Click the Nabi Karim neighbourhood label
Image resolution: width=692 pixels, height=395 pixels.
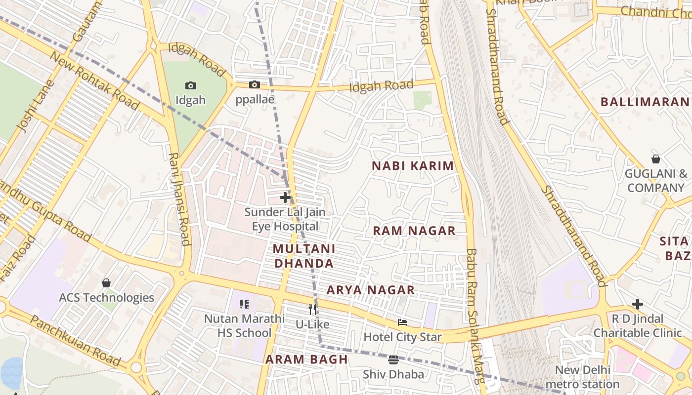(x=413, y=166)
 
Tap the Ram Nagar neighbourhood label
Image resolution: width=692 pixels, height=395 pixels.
(x=414, y=231)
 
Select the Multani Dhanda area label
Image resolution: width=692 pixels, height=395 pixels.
(x=304, y=256)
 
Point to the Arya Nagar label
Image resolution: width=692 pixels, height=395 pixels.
(x=370, y=290)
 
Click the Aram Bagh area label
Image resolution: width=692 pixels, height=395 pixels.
(x=306, y=359)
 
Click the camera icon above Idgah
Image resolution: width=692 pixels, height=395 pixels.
(x=190, y=86)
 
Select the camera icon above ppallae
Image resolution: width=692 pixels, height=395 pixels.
(x=255, y=85)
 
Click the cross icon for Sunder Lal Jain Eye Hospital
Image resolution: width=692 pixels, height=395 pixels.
(x=285, y=197)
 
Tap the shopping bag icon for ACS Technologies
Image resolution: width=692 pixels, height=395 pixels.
(x=106, y=283)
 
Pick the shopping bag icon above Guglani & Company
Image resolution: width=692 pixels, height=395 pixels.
(x=655, y=159)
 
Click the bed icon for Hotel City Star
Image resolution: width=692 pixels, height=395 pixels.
(x=402, y=322)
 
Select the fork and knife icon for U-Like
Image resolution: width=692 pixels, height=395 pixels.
(x=312, y=310)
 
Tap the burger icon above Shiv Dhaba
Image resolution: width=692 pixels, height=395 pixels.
(x=393, y=359)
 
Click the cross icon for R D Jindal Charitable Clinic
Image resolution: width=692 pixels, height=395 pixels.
(x=638, y=304)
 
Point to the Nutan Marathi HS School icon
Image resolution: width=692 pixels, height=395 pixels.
(x=244, y=304)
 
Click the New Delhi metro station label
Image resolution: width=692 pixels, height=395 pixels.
(x=582, y=377)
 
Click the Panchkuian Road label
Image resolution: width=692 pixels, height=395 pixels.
(x=75, y=341)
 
